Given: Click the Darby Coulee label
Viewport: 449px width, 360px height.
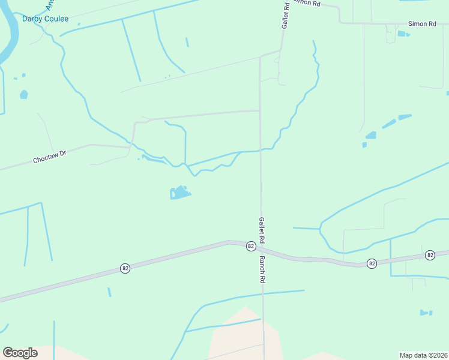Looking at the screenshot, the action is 45,19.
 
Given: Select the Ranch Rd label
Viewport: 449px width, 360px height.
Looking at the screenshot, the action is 262,270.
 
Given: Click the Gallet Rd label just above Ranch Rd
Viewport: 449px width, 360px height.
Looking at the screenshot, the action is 262,230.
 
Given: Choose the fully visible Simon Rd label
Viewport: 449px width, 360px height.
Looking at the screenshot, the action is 422,23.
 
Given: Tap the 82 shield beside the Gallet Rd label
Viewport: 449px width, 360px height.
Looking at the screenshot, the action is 251,247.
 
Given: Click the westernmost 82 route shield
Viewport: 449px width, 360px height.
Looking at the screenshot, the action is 125,268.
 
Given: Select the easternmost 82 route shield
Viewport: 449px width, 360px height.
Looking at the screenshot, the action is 430,256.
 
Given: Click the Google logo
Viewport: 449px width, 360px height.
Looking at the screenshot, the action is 20,353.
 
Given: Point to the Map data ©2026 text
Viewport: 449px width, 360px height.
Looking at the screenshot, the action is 424,355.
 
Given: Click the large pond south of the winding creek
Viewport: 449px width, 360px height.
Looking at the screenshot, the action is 179,193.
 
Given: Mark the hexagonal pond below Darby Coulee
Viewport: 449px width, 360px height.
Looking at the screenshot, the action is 24,94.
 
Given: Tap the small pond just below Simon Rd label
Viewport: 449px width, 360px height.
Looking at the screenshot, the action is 402,34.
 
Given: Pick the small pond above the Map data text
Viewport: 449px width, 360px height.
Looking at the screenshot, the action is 426,313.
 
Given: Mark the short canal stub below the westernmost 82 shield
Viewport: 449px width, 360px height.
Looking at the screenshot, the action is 109,292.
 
